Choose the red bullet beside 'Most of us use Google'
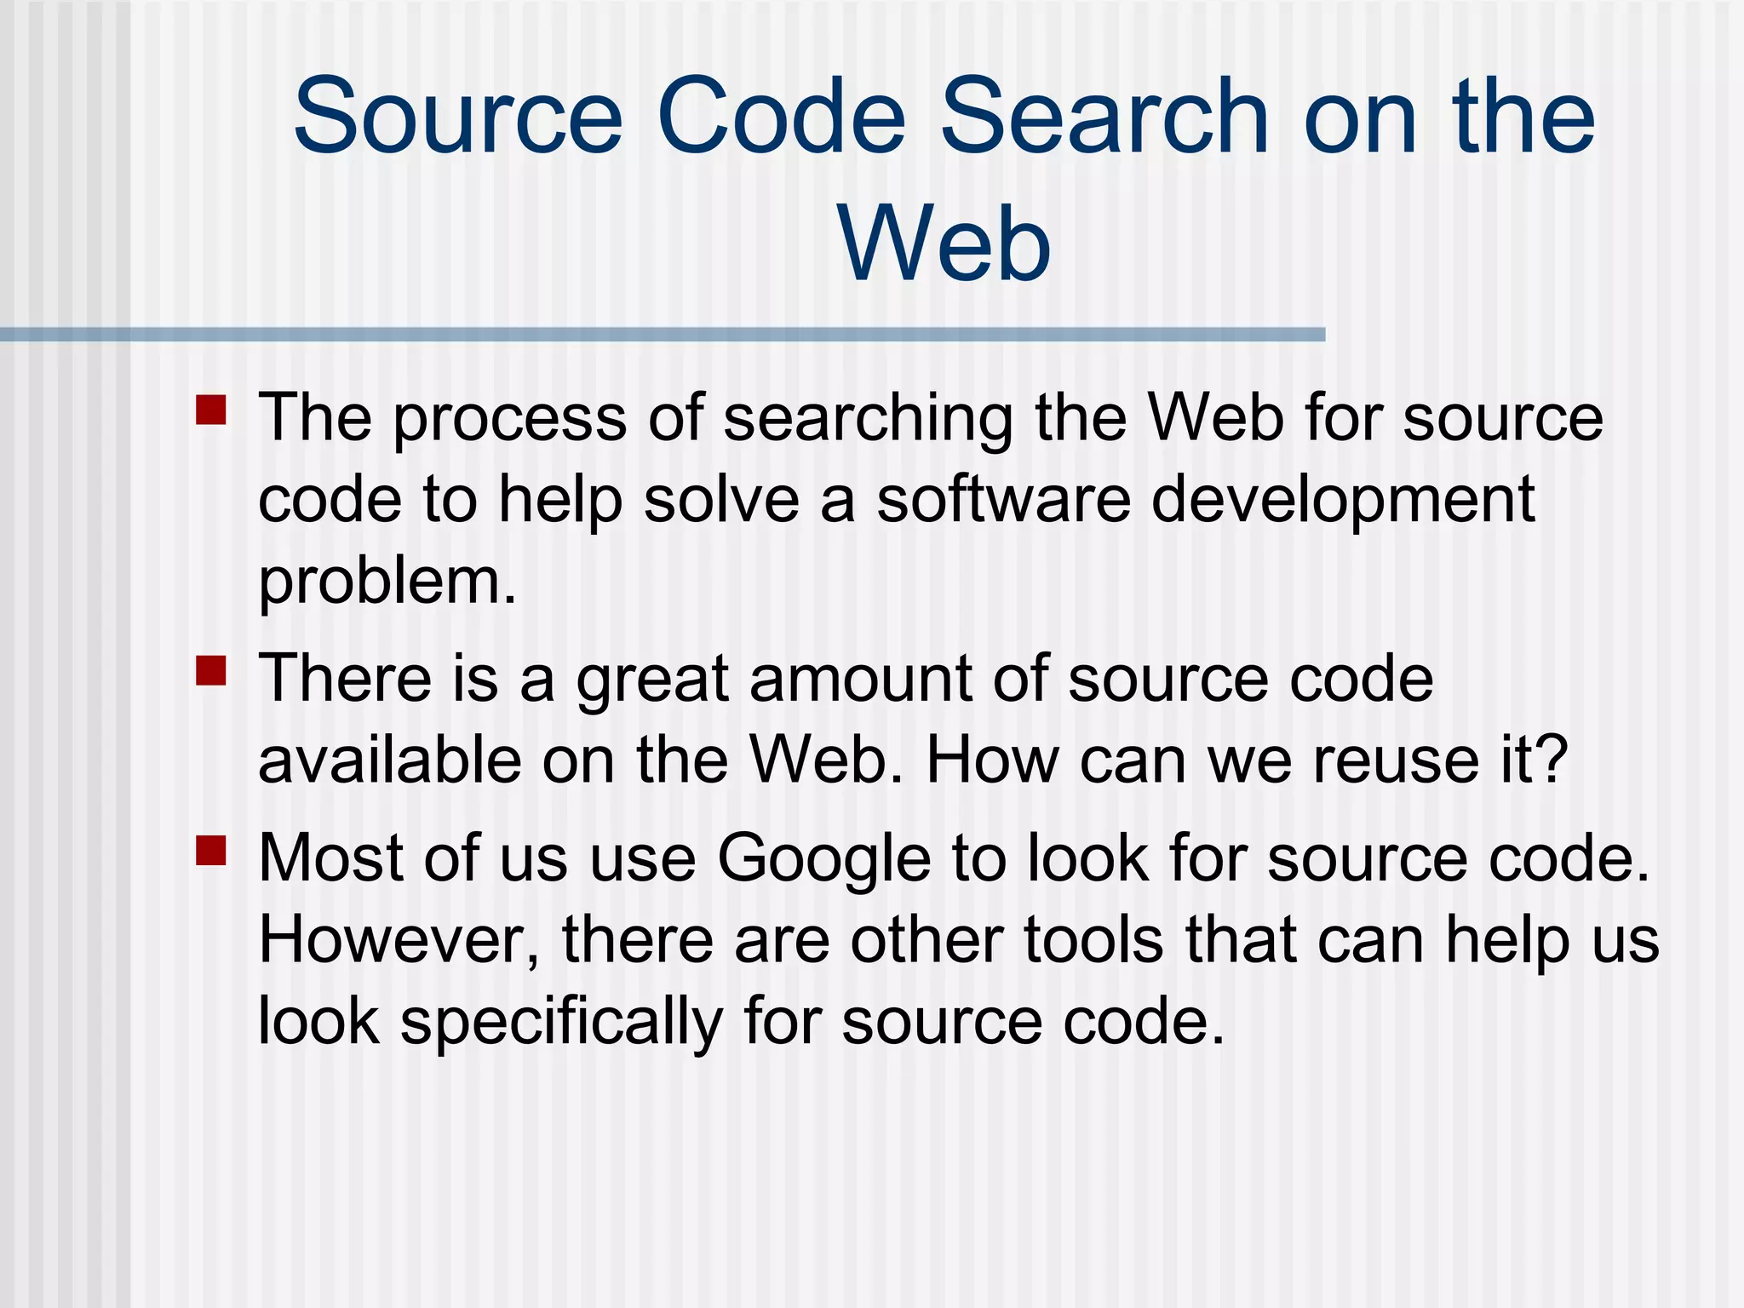point(210,849)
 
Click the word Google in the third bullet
point(823,858)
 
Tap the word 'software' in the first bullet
point(1003,501)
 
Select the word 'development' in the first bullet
point(1343,501)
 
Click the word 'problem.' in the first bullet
point(387,582)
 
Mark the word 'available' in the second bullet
point(389,760)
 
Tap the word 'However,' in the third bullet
point(399,940)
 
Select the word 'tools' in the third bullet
point(1093,940)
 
